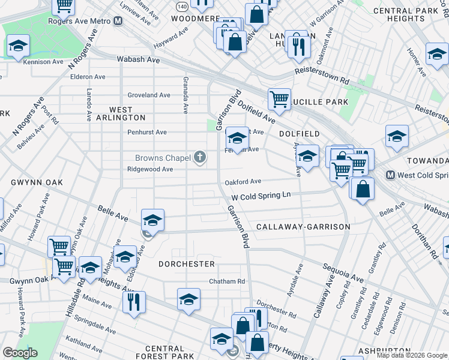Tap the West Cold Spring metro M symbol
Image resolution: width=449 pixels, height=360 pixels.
pos(390,175)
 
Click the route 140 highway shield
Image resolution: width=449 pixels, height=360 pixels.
pos(182,5)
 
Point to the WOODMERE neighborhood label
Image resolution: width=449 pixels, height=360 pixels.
pos(195,19)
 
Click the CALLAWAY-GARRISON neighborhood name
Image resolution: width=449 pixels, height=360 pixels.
pos(303,227)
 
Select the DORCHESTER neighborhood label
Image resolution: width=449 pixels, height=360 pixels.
pos(187,264)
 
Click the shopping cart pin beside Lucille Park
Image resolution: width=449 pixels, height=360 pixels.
pos(279,100)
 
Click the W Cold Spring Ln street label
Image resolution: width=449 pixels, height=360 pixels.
pos(261,196)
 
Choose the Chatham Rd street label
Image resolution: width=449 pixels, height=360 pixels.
pos(227,281)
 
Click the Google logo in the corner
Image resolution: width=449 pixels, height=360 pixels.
pos(20,353)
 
